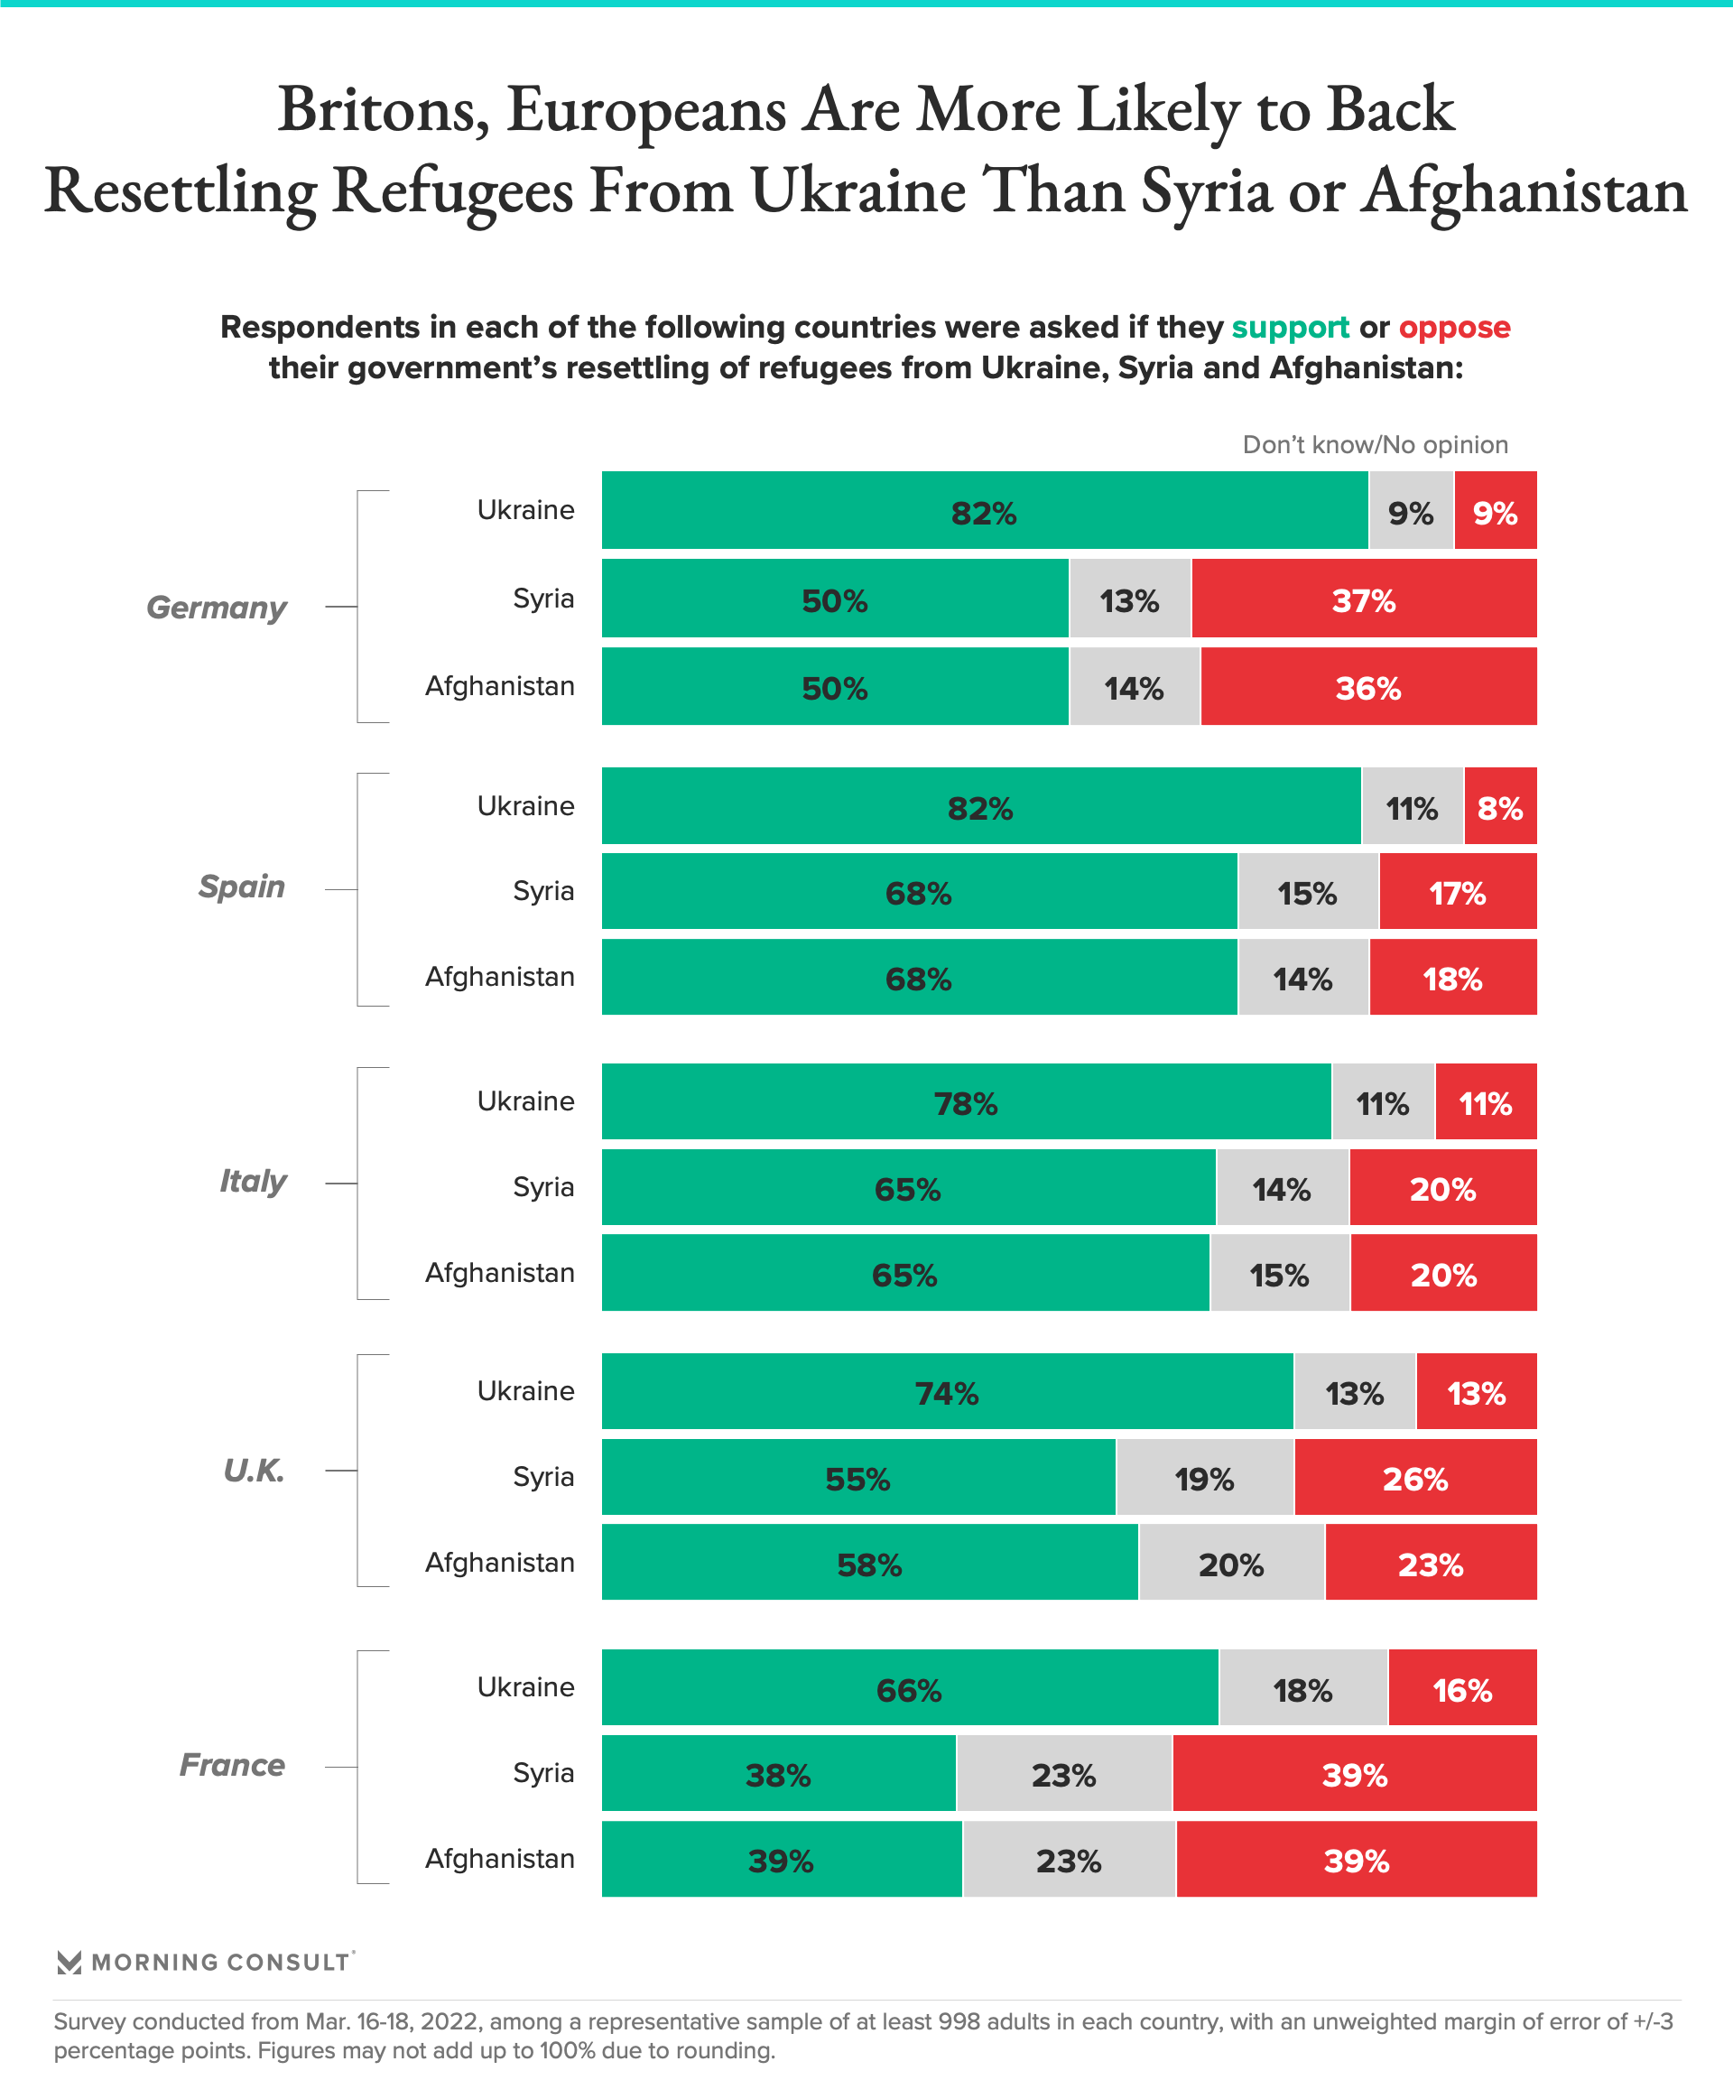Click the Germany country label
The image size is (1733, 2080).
[x=216, y=608]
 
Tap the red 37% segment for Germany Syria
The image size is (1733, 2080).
[x=1364, y=599]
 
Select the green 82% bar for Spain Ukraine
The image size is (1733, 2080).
[x=980, y=806]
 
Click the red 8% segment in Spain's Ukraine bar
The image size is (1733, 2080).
[x=1499, y=806]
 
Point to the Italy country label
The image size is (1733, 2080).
[x=253, y=1181]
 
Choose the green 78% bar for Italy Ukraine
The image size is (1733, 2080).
[x=966, y=1101]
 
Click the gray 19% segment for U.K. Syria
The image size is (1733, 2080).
[x=1204, y=1477]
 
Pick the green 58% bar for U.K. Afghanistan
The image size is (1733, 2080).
[x=869, y=1562]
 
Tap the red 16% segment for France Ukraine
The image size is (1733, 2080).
[x=1461, y=1688]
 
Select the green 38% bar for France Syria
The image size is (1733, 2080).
[x=778, y=1773]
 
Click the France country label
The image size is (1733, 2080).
[x=232, y=1765]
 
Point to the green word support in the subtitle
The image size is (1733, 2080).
[x=1289, y=327]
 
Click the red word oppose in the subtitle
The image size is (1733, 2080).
[x=1454, y=327]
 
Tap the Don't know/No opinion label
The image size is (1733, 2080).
[x=1375, y=445]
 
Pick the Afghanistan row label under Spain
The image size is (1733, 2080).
[x=499, y=977]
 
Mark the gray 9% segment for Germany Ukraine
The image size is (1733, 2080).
[x=1410, y=511]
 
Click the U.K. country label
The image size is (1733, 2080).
[x=254, y=1470]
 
